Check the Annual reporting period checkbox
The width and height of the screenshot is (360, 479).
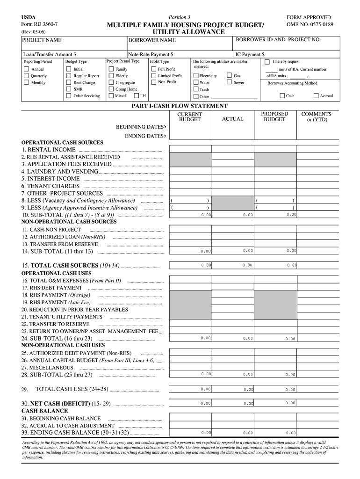[x=26, y=69]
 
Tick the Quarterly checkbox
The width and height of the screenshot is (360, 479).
[x=26, y=76]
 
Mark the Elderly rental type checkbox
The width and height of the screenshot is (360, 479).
[x=111, y=76]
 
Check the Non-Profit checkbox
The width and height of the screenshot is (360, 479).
[x=154, y=82]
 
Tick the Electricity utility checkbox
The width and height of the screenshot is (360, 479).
[x=195, y=76]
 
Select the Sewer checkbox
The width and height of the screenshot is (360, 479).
[x=230, y=82]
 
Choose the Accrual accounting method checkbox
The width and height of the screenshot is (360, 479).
[x=316, y=96]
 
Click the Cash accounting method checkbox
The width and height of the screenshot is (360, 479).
[x=282, y=96]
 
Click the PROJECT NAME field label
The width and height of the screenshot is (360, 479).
[x=42, y=40]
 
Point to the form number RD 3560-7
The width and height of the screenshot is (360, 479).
[x=40, y=24]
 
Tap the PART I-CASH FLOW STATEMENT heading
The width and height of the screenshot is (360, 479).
[x=180, y=106]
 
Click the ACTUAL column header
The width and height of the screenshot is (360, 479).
[x=232, y=119]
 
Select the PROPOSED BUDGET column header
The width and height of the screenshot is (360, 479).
[x=274, y=116]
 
